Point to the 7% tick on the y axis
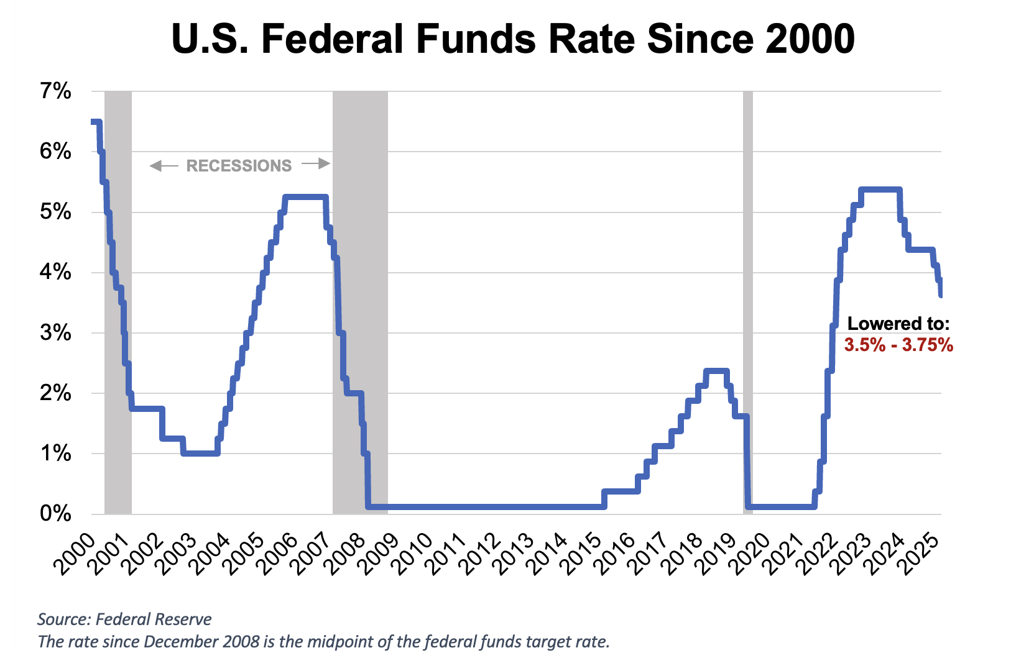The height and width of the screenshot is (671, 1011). point(56,92)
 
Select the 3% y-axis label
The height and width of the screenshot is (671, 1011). point(56,333)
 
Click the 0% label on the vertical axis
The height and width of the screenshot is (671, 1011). point(56,514)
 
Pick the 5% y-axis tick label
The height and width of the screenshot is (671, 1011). point(56,212)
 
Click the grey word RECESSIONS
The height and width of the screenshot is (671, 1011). point(239,166)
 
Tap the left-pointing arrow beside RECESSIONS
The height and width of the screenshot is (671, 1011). point(164,166)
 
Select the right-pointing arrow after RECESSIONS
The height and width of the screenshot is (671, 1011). point(315,165)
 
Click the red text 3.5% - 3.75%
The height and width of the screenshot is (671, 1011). point(898,345)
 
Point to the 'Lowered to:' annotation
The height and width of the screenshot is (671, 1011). point(898,324)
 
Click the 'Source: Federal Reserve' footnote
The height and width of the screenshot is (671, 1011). point(124,619)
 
